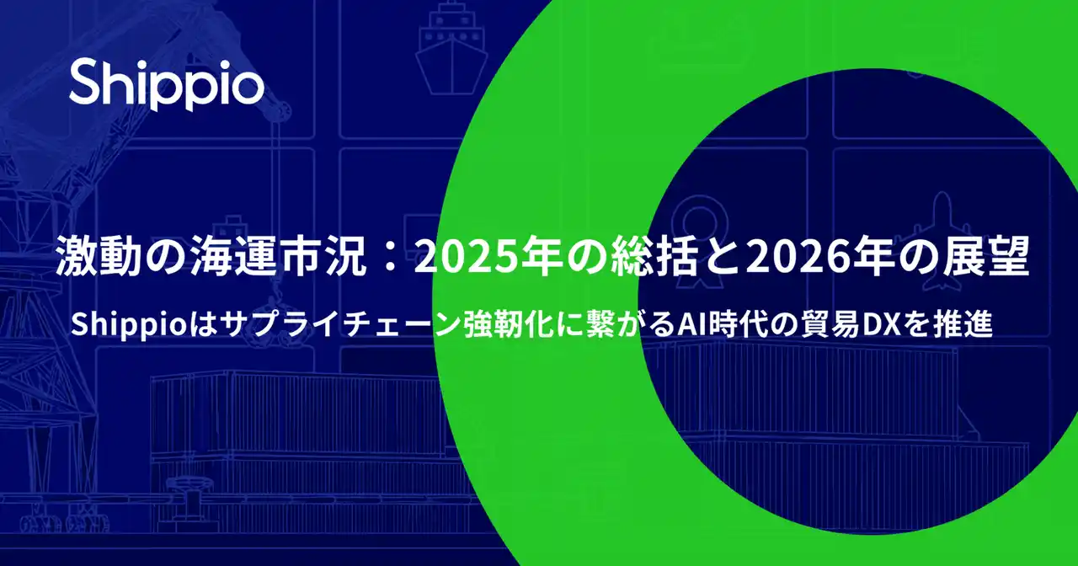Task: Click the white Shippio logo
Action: click(x=166, y=84)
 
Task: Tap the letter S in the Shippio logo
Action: click(x=85, y=84)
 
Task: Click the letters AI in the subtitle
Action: click(x=692, y=325)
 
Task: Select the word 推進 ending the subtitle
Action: click(x=965, y=325)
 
